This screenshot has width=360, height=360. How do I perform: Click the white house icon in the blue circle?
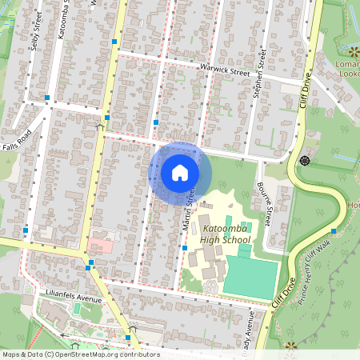(x=180, y=172)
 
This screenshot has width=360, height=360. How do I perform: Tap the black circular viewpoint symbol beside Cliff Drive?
(x=304, y=161)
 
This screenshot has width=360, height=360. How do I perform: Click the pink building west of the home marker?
(x=101, y=244)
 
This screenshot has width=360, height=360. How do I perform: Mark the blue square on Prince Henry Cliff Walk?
(x=334, y=231)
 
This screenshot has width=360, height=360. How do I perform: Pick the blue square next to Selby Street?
(x=48, y=98)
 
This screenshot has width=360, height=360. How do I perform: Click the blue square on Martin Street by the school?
(x=184, y=249)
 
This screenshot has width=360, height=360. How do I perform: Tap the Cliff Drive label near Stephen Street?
(x=307, y=90)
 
